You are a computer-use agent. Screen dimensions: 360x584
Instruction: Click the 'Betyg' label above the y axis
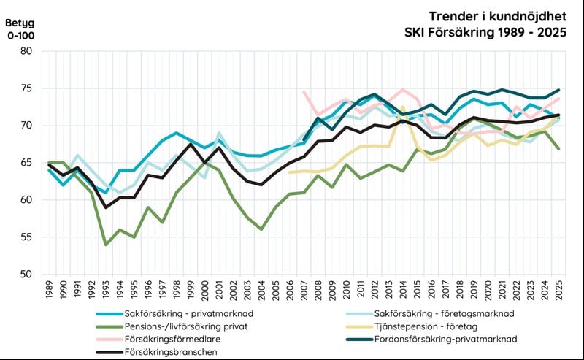coord(20,21)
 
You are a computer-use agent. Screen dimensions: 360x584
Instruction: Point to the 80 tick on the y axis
coord(26,51)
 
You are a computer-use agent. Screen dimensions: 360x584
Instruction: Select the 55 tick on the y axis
coord(26,237)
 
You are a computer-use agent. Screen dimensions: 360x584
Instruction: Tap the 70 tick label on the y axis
coord(26,126)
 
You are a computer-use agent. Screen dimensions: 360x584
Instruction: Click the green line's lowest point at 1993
coord(106,245)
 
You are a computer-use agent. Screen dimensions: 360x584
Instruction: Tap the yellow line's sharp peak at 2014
coord(403,107)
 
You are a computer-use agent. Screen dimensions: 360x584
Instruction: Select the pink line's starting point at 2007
coord(304,91)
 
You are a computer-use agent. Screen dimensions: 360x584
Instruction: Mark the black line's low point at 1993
coord(106,207)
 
